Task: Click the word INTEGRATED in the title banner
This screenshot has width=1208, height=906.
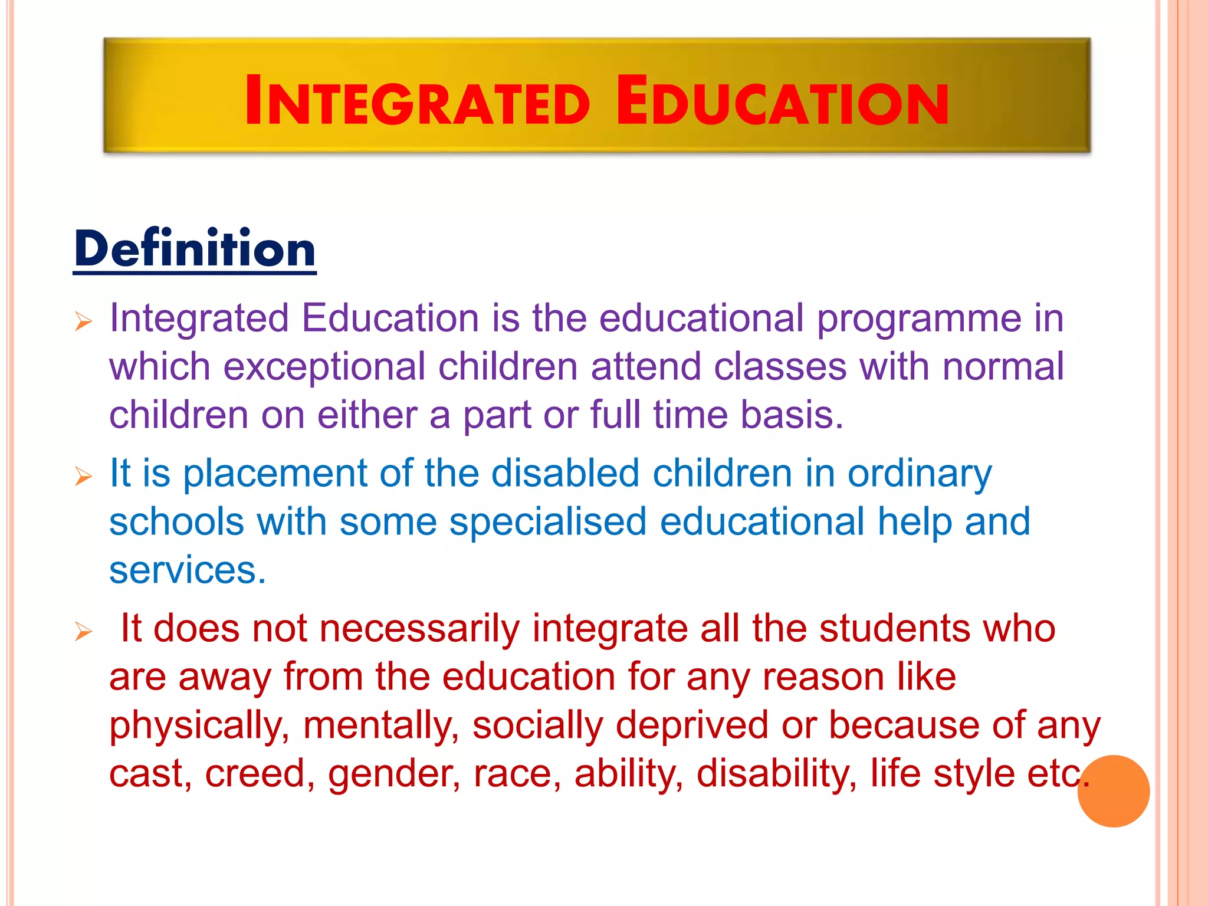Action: (417, 102)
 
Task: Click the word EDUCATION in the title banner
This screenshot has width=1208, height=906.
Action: (782, 102)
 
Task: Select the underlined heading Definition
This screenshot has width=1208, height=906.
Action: (195, 250)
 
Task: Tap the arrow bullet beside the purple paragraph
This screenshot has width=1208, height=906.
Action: (84, 322)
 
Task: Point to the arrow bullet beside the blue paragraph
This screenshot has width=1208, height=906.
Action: (84, 477)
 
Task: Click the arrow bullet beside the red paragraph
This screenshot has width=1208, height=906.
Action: (84, 632)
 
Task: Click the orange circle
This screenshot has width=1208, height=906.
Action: (1113, 791)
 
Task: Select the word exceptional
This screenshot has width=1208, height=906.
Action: (324, 367)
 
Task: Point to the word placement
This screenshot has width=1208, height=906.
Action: (274, 474)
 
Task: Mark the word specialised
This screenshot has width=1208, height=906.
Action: (547, 523)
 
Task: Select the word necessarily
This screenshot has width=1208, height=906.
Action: (419, 629)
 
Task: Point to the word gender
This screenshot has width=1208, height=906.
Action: (394, 774)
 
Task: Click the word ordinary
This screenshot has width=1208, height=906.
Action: (920, 474)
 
